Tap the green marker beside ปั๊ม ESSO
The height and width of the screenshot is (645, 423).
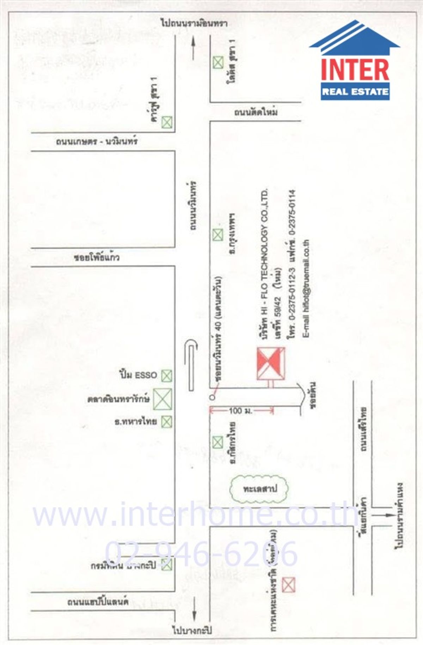pos(166,376)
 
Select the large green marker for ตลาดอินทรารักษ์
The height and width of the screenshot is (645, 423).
pos(163,399)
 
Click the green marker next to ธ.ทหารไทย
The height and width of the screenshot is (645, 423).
pos(166,422)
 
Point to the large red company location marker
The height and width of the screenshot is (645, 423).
pos(271,364)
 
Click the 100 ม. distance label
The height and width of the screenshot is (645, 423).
pos(240,411)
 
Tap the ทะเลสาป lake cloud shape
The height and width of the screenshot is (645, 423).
pos(259,489)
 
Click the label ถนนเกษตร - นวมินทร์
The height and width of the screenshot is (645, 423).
pos(96,142)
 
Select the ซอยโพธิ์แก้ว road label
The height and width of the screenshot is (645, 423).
pos(97,257)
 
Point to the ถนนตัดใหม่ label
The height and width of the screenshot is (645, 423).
pos(256,112)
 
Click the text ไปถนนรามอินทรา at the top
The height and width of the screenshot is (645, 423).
pos(194,23)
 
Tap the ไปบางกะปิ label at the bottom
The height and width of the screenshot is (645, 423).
pos(192,630)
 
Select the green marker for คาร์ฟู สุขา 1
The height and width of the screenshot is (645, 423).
pos(167,123)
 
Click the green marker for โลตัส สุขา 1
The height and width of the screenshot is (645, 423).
pos(218,63)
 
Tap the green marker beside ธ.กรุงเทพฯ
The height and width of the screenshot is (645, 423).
pos(218,235)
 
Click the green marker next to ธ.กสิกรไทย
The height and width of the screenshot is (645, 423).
pos(218,442)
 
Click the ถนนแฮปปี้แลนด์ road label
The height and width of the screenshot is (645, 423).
pos(98,602)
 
